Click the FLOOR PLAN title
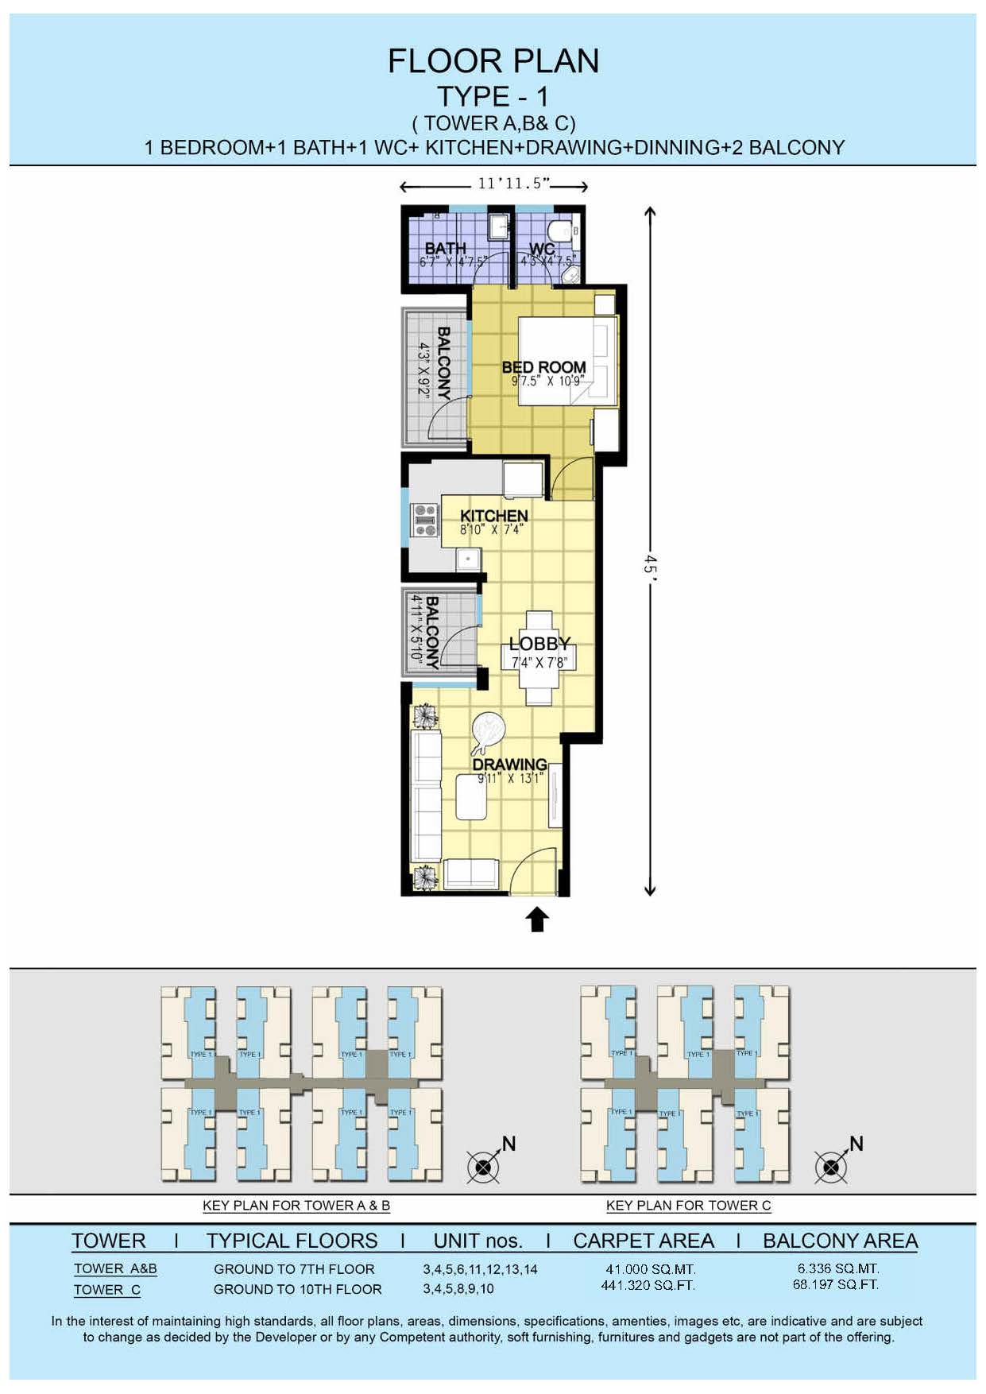[493, 61]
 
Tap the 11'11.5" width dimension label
[513, 184]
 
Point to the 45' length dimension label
[650, 565]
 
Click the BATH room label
[445, 248]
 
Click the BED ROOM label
[543, 367]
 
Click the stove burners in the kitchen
[425, 520]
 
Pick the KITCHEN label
[493, 516]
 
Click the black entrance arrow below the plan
[537, 919]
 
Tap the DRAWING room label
[509, 765]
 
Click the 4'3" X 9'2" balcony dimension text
[424, 370]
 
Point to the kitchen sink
[468, 559]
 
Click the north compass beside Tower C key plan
[833, 1166]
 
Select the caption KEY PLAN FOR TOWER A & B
[296, 1205]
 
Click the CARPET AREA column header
[644, 1241]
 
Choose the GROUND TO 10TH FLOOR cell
[297, 1289]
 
